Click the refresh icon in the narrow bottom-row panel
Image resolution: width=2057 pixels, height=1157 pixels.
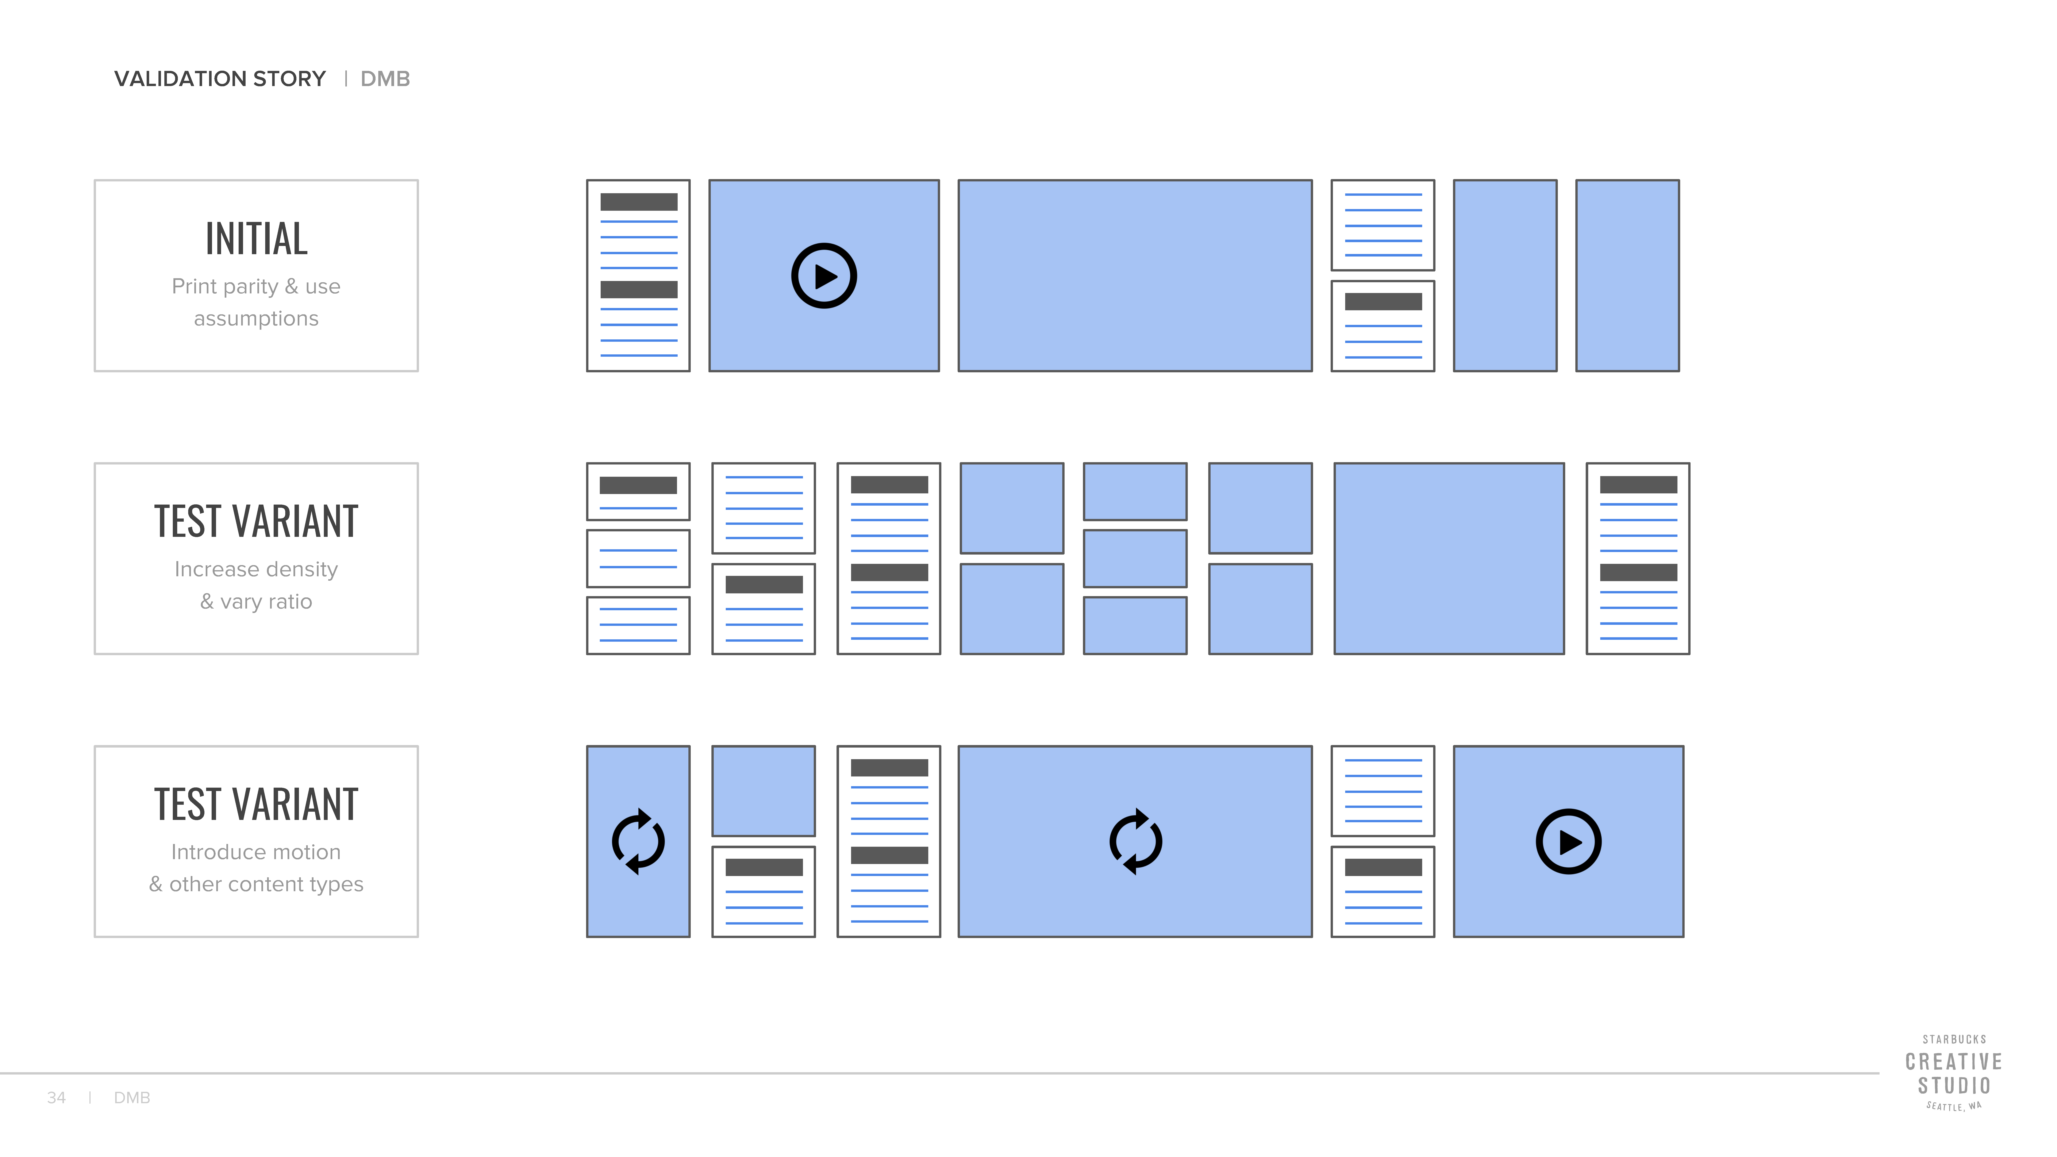coord(638,842)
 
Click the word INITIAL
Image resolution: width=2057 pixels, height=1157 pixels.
coord(256,239)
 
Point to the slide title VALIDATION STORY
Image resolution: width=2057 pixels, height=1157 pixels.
coord(220,79)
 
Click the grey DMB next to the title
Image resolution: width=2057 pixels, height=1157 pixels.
coord(385,79)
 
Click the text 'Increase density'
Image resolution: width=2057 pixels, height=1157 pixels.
coord(256,569)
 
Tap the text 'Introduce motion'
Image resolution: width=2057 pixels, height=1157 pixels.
coord(256,852)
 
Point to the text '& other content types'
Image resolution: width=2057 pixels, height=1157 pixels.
coord(256,884)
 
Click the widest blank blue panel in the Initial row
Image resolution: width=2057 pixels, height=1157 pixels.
coord(1135,275)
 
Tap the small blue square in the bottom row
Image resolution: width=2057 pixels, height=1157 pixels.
coord(763,791)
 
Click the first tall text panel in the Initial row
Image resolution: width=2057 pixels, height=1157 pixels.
coord(638,275)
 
